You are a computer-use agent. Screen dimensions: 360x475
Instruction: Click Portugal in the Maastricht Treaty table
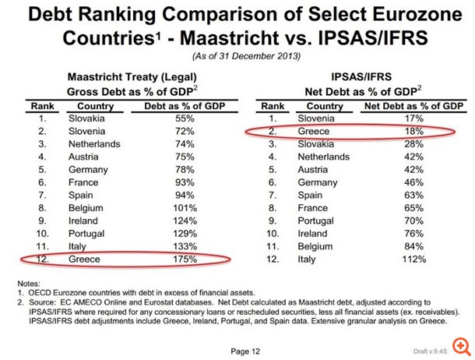88,232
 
